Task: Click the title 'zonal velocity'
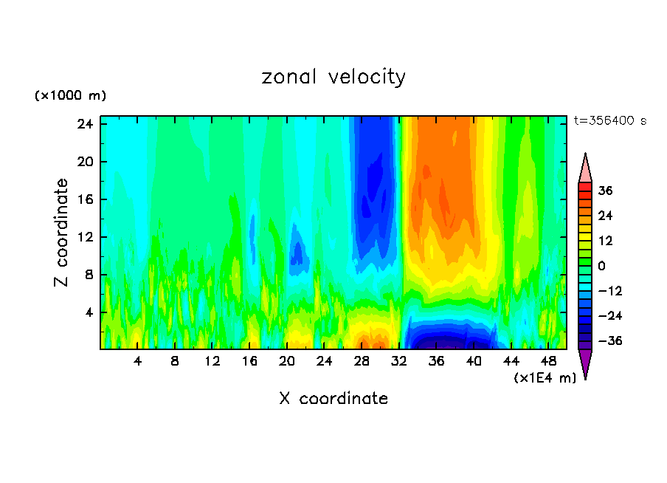pyautogui.click(x=333, y=77)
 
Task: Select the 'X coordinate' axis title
pyautogui.click(x=333, y=399)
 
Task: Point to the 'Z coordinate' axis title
pyautogui.click(x=62, y=233)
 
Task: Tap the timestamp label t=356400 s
pyautogui.click(x=609, y=121)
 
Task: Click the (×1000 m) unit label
pyautogui.click(x=70, y=96)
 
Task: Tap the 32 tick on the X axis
pyautogui.click(x=399, y=361)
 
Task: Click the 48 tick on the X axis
pyautogui.click(x=548, y=361)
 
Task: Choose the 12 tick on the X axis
pyautogui.click(x=212, y=361)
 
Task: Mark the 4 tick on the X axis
pyautogui.click(x=138, y=361)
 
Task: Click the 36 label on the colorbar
pyautogui.click(x=606, y=191)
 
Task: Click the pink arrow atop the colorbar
pyautogui.click(x=585, y=168)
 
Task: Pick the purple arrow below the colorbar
pyautogui.click(x=585, y=363)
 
